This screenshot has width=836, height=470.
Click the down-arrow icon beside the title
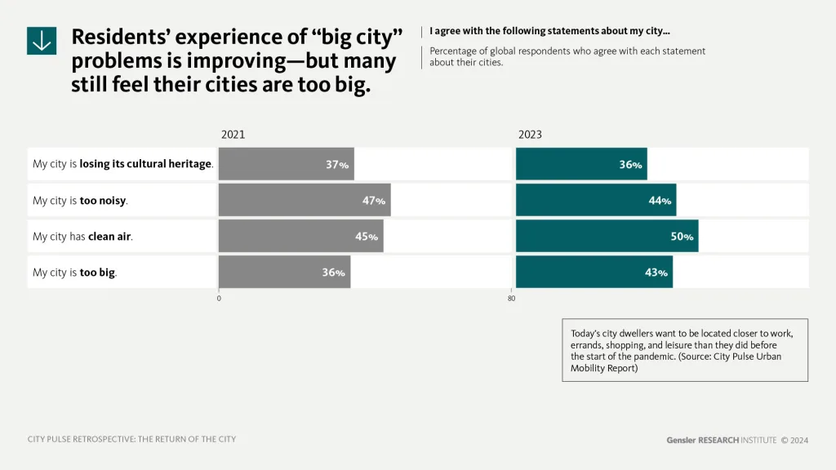pyautogui.click(x=42, y=40)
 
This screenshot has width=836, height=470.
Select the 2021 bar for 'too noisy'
pyautogui.click(x=304, y=200)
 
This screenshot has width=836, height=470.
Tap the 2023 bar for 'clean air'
pyautogui.click(x=607, y=236)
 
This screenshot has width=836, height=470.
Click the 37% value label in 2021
pyautogui.click(x=337, y=164)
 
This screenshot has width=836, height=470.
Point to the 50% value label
pyautogui.click(x=683, y=237)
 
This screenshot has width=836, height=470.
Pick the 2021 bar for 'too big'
pyautogui.click(x=284, y=272)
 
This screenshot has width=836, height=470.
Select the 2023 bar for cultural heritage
pyautogui.click(x=580, y=164)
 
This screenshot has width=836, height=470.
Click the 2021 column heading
pyautogui.click(x=233, y=135)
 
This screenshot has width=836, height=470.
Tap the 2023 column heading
pyautogui.click(x=530, y=135)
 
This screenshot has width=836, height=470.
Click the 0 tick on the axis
pyautogui.click(x=219, y=299)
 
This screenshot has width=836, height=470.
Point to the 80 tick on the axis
pyautogui.click(x=512, y=299)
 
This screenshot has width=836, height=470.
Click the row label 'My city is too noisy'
pyautogui.click(x=80, y=200)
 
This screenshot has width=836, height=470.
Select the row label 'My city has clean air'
pyautogui.click(x=82, y=237)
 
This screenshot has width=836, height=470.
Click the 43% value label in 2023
pyautogui.click(x=657, y=273)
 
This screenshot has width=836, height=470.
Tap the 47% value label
pyautogui.click(x=374, y=201)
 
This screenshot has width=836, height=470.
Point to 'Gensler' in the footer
pyautogui.click(x=680, y=440)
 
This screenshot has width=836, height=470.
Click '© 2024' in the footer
pyautogui.click(x=794, y=440)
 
